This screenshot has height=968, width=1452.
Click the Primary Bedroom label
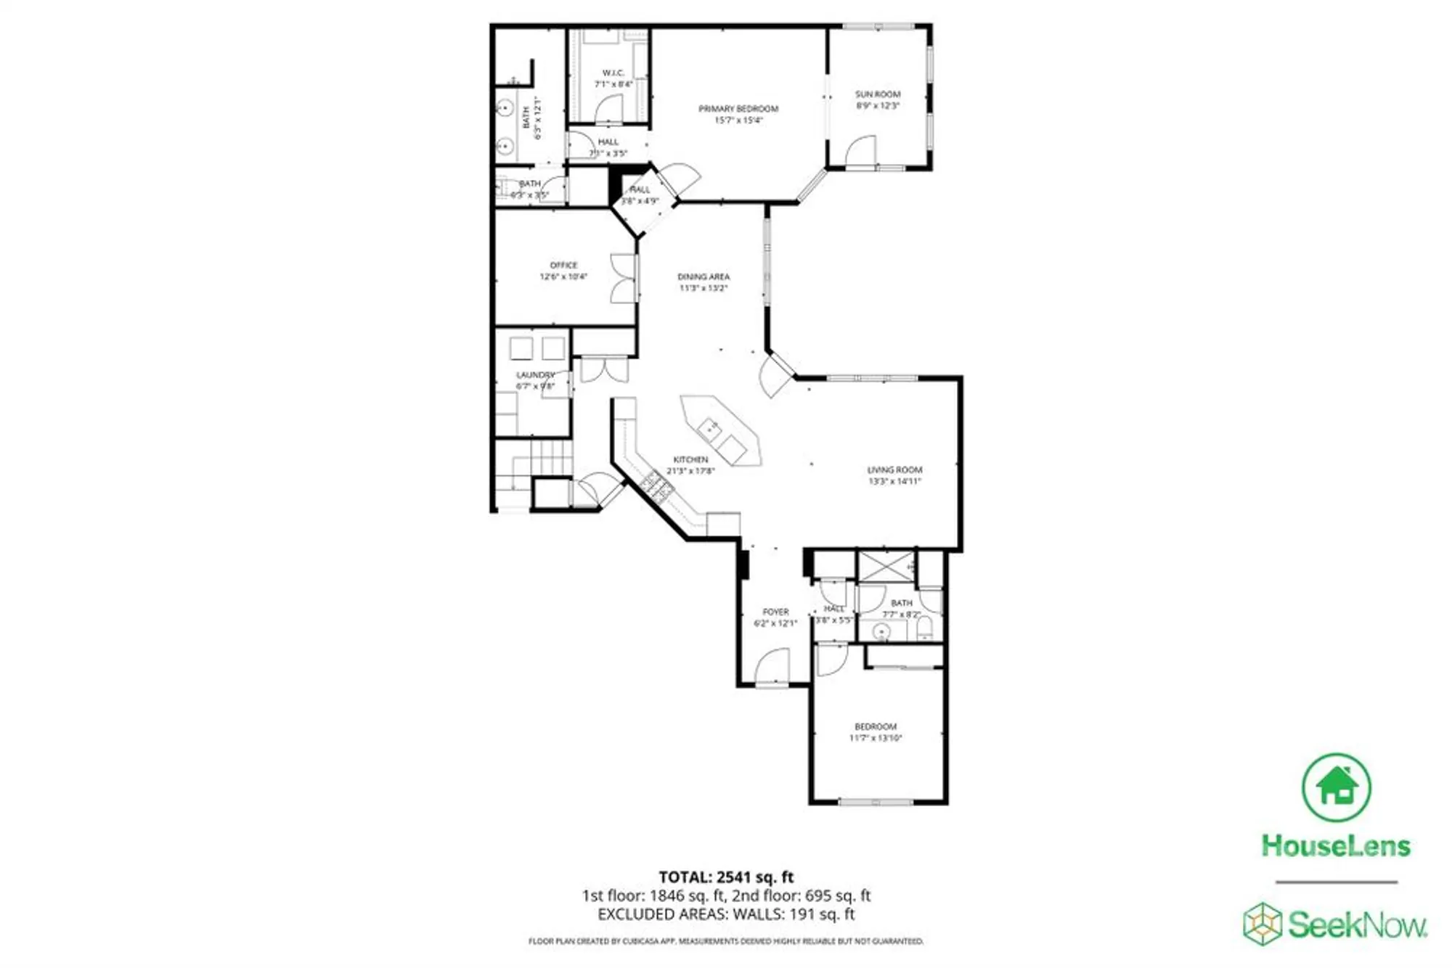(738, 114)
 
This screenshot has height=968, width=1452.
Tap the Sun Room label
(877, 99)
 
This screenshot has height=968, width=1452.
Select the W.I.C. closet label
(613, 78)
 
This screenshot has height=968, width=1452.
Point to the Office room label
(563, 271)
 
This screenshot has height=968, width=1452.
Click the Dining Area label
(703, 282)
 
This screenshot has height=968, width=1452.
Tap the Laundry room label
(535, 380)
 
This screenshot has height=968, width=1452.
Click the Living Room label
(894, 475)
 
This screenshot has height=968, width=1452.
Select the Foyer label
(775, 617)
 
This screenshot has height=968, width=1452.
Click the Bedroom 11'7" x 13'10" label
(876, 731)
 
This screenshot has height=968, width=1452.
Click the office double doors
(623, 278)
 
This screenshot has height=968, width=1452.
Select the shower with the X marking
(886, 567)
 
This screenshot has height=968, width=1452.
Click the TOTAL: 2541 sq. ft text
(726, 877)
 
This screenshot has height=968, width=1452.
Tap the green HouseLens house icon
(1336, 787)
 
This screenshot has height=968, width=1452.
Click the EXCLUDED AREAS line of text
(726, 914)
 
